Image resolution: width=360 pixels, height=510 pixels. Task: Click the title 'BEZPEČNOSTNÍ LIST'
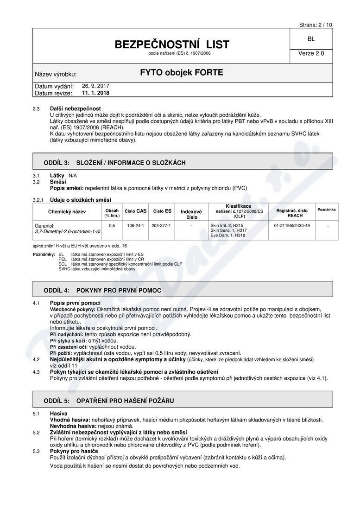click(x=172, y=45)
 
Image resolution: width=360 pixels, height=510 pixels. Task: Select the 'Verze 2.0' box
click(x=311, y=53)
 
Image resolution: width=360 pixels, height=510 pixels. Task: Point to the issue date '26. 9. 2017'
click(x=96, y=86)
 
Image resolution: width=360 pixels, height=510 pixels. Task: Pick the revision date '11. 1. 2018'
click(x=96, y=93)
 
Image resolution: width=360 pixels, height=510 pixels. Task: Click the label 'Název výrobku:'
click(x=56, y=74)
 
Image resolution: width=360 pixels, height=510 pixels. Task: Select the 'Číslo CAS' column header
click(x=136, y=211)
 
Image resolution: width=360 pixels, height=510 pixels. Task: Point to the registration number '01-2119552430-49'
click(x=292, y=225)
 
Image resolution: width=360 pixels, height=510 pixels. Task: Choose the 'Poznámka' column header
click(x=327, y=210)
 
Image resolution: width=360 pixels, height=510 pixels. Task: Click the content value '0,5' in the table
click(x=112, y=225)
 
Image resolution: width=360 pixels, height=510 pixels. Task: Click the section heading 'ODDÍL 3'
click(x=56, y=163)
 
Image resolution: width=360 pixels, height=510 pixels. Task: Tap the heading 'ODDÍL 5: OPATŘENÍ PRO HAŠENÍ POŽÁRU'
click(x=108, y=401)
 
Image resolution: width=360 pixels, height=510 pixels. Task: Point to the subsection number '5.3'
click(x=36, y=451)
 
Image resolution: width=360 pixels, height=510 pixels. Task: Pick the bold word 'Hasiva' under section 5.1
click(x=58, y=413)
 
